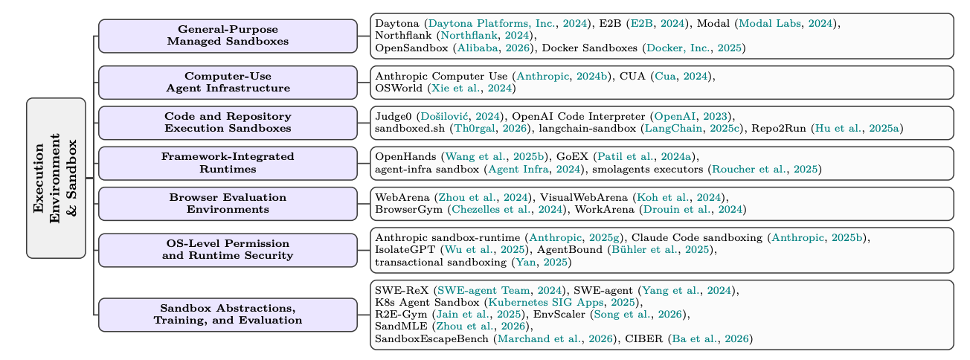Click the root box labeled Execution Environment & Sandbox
(x=56, y=178)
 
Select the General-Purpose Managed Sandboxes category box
(x=228, y=36)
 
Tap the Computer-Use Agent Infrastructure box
(x=228, y=83)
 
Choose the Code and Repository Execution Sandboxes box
(x=228, y=123)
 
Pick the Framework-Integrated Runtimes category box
(x=228, y=164)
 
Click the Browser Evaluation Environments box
(x=228, y=204)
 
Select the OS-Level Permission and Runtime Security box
(x=228, y=250)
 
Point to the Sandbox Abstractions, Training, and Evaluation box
(x=228, y=315)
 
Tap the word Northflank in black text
(x=403, y=36)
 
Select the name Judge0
(x=394, y=117)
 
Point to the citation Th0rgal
(x=474, y=129)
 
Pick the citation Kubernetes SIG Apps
(x=546, y=303)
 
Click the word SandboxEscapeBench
(x=431, y=338)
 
